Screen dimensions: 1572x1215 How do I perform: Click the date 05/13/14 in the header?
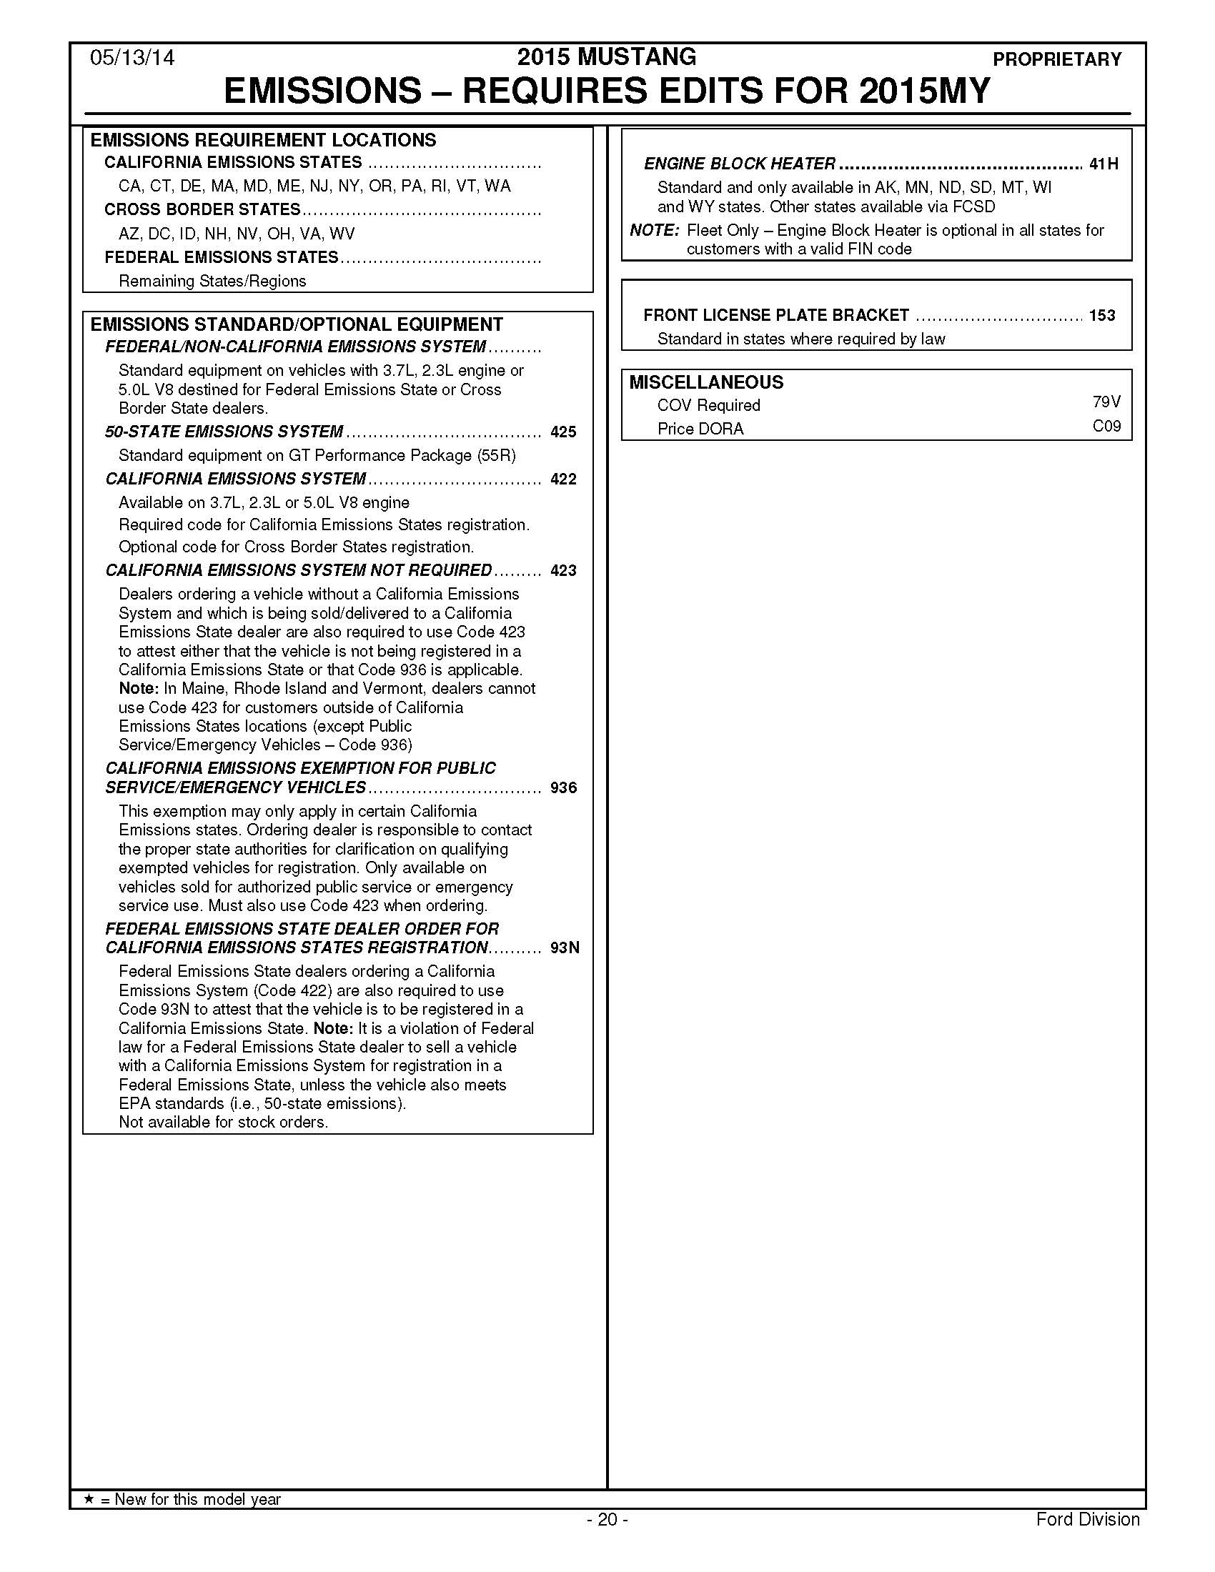coord(132,58)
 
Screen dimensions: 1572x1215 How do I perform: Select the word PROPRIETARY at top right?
coord(1056,60)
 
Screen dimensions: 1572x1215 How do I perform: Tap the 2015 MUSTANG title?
coord(607,57)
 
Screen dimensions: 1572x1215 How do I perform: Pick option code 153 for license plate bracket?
coord(1102,315)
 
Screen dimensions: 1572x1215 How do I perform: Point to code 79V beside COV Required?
coord(1106,402)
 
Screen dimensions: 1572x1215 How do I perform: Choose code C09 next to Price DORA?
coord(1106,426)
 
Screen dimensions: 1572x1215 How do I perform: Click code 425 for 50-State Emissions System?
coord(563,432)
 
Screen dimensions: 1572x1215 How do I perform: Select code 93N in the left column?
coord(565,948)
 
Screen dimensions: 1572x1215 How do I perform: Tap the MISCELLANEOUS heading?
coord(706,382)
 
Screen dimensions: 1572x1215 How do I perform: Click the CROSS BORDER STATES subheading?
coord(202,209)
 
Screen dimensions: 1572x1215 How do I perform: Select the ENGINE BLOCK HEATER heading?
coord(739,164)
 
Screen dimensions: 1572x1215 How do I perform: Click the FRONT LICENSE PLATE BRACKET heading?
coord(776,315)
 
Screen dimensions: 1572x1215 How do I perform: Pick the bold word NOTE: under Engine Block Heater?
coord(654,230)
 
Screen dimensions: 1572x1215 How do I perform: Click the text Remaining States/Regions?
coord(212,281)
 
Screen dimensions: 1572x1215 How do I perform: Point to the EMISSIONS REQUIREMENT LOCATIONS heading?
coord(263,139)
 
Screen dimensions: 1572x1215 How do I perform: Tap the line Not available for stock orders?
coord(223,1122)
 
